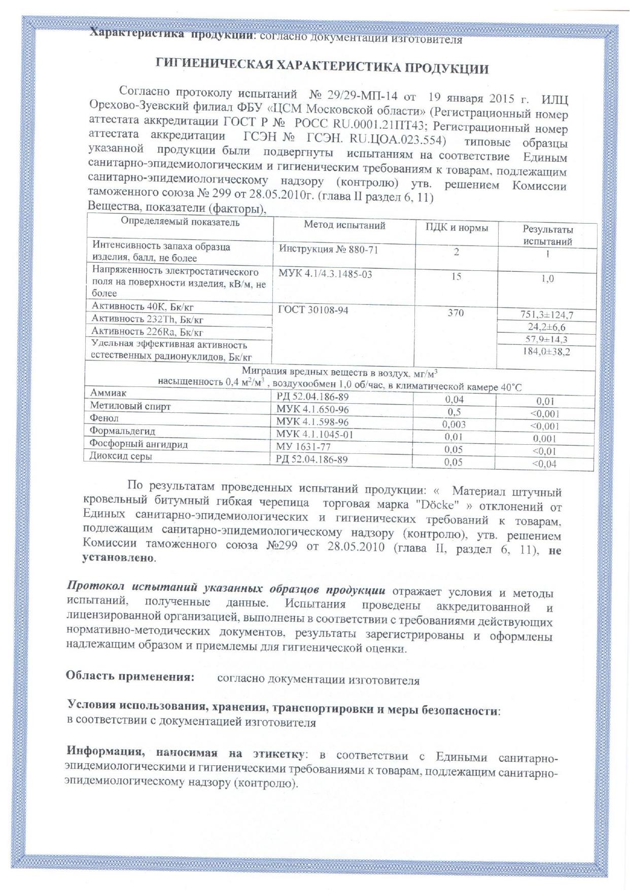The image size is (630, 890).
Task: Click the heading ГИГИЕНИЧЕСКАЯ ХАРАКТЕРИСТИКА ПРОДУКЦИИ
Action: tap(322, 66)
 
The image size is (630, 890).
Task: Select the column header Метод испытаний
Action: tap(344, 225)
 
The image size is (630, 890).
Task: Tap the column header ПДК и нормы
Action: tap(457, 228)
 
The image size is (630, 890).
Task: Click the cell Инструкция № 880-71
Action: tap(328, 250)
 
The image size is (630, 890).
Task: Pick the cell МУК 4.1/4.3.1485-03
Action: tap(325, 274)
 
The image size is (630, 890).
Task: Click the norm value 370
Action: tap(456, 313)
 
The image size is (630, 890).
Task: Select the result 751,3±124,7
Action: tap(547, 315)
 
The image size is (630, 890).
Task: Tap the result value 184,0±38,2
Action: tap(546, 351)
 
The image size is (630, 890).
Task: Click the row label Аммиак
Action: tap(109, 393)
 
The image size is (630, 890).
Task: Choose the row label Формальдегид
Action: tap(122, 431)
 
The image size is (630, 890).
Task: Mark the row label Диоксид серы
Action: tap(121, 456)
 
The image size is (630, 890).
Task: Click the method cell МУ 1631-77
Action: tap(303, 447)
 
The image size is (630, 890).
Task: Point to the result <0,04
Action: tap(544, 464)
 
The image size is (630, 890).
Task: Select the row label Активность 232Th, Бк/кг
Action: tap(148, 319)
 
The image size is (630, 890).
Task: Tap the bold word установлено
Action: tap(119, 558)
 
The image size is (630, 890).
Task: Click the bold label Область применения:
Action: tap(130, 677)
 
